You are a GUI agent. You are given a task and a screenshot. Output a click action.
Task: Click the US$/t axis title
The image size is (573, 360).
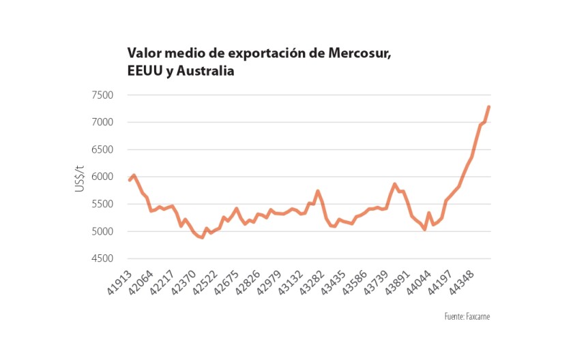pos(80,177)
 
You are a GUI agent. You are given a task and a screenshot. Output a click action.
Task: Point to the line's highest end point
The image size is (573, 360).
pos(489,107)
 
